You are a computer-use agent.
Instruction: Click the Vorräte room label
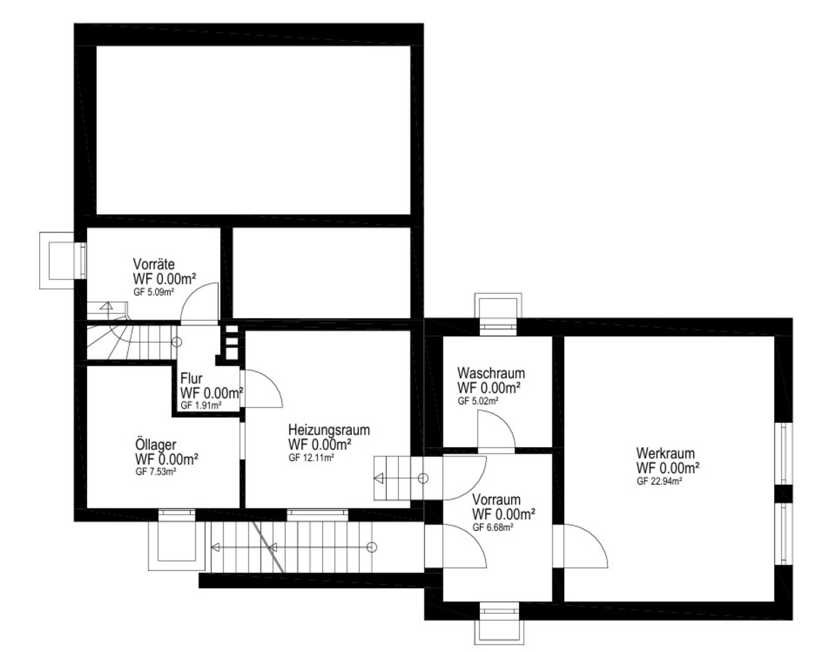[x=153, y=264]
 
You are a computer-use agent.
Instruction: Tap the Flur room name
[x=191, y=379]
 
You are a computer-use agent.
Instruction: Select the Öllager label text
[x=156, y=446]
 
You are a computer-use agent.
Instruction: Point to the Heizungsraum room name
[x=329, y=430]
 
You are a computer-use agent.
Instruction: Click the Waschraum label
[x=491, y=373]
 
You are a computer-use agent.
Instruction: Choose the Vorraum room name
[x=496, y=500]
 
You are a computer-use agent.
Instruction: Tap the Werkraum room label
[x=665, y=453]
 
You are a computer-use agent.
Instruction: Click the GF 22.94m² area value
[x=660, y=481]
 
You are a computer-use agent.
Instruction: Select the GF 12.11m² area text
[x=311, y=459]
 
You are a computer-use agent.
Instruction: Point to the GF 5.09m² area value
[x=153, y=292]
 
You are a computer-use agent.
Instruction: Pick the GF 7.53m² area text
[x=156, y=472]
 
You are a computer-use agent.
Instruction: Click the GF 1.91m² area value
[x=201, y=406]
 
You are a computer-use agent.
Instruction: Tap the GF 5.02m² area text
[x=479, y=401]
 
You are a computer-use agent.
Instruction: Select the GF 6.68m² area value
[x=493, y=527]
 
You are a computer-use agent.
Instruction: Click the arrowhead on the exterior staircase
[x=215, y=548]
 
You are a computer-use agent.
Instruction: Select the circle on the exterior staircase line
[x=371, y=548]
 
